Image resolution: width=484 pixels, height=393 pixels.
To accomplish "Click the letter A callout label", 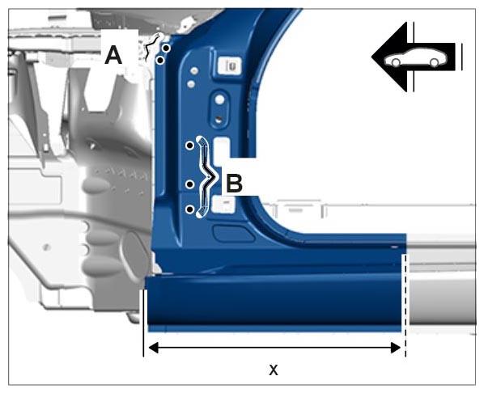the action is [x=113, y=56].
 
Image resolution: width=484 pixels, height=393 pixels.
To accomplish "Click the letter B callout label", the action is [x=234, y=184].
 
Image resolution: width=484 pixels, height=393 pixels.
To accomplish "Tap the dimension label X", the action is [x=274, y=370].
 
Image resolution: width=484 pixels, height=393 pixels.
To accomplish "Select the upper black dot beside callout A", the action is [x=167, y=49].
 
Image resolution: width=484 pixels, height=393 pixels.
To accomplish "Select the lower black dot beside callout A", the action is [x=160, y=61].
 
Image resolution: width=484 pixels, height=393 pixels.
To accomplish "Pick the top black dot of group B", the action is [x=190, y=146].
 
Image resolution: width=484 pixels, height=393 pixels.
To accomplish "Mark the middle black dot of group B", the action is [x=190, y=184].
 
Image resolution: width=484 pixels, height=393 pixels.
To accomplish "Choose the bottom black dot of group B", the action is [x=190, y=209].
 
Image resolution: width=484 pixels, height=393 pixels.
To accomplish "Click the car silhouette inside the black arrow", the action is [x=415, y=57].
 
